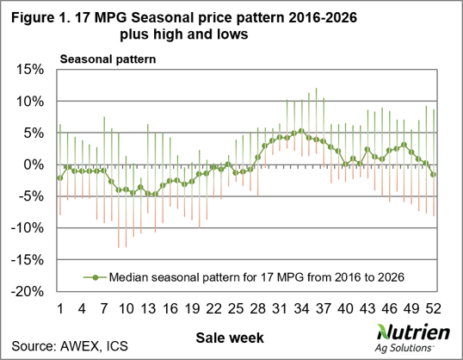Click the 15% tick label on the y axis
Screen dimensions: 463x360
pos(31,70)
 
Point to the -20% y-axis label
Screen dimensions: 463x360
pos(28,292)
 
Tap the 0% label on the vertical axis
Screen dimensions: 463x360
pos(34,164)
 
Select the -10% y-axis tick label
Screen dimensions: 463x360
pos(28,228)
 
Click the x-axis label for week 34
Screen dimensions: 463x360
pos(301,309)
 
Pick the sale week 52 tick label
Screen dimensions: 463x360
pos(433,309)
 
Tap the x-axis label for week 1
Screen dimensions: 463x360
pos(60,309)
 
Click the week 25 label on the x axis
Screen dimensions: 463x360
pos(236,309)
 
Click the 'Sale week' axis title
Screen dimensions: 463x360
pos(230,338)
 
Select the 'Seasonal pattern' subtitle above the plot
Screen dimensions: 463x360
pos(108,59)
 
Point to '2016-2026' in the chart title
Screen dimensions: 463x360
pos(323,18)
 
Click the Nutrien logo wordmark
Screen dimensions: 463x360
pos(413,332)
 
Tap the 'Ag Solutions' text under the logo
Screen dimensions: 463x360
pos(404,348)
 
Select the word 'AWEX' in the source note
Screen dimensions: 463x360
pos(79,346)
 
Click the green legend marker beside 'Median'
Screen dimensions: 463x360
pos(95,277)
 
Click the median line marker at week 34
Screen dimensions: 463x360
pos(301,131)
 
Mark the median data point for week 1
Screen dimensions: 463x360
pos(60,178)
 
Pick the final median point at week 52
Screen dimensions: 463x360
pos(433,175)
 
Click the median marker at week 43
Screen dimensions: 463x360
pos(367,149)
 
